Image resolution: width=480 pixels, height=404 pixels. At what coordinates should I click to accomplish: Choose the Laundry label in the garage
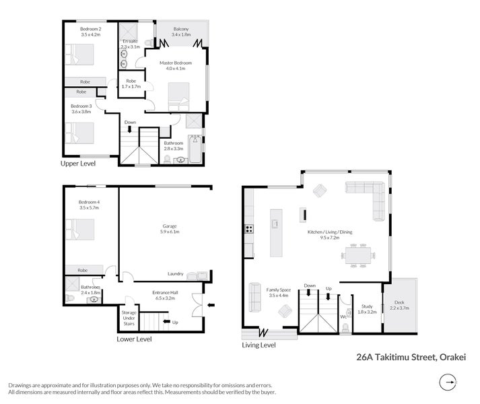point(176,273)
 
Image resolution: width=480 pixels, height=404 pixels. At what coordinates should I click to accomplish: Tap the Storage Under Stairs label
point(129,318)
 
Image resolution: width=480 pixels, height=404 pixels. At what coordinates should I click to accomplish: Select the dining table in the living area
point(357,255)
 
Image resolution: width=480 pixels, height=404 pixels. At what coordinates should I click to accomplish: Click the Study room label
point(366,308)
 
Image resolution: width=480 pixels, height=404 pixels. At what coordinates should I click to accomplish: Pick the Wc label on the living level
point(343,316)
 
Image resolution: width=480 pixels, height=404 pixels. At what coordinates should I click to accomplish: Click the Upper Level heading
point(78,163)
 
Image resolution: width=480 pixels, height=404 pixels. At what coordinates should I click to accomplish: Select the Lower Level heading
point(134,339)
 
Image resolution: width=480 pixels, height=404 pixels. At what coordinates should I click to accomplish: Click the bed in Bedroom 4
point(79,232)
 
